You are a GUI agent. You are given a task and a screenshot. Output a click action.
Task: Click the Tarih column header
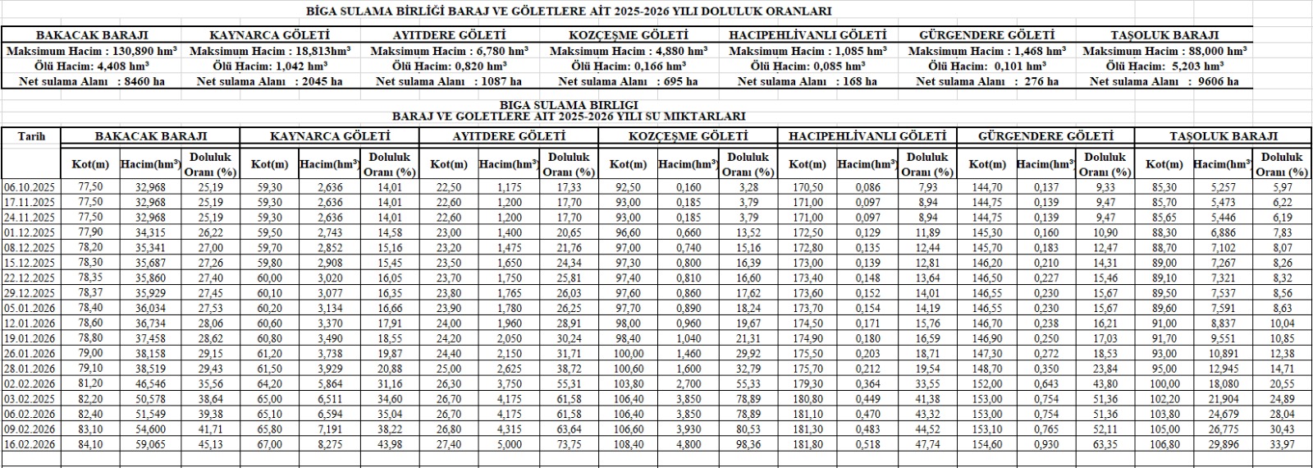(x=31, y=136)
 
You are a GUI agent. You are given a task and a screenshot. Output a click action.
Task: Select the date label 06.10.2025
(x=30, y=188)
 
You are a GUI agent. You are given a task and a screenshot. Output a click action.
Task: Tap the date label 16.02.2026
(x=30, y=444)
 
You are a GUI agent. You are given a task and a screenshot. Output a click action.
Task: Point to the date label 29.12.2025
(x=30, y=293)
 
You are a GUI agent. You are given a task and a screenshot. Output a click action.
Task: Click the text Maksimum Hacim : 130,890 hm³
(x=92, y=51)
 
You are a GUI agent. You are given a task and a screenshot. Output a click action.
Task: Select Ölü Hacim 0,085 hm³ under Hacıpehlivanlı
(x=807, y=66)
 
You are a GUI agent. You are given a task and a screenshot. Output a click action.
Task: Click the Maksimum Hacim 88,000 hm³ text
(x=1164, y=51)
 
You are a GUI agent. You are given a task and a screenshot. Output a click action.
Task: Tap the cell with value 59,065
(x=150, y=444)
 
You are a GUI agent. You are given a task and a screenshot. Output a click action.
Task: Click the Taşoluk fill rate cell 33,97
(x=1281, y=444)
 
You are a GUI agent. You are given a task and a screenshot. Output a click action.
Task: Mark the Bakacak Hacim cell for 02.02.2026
(x=150, y=383)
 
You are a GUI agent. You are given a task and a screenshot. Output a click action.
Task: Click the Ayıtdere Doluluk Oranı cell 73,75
(x=569, y=444)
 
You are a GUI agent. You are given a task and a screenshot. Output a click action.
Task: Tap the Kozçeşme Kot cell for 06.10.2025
(x=628, y=188)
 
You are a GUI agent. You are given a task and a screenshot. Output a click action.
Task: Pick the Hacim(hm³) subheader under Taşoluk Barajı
(x=1222, y=164)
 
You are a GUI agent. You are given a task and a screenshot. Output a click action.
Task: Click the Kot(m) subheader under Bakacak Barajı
(x=90, y=164)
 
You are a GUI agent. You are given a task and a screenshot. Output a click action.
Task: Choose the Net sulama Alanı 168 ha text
(x=807, y=81)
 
